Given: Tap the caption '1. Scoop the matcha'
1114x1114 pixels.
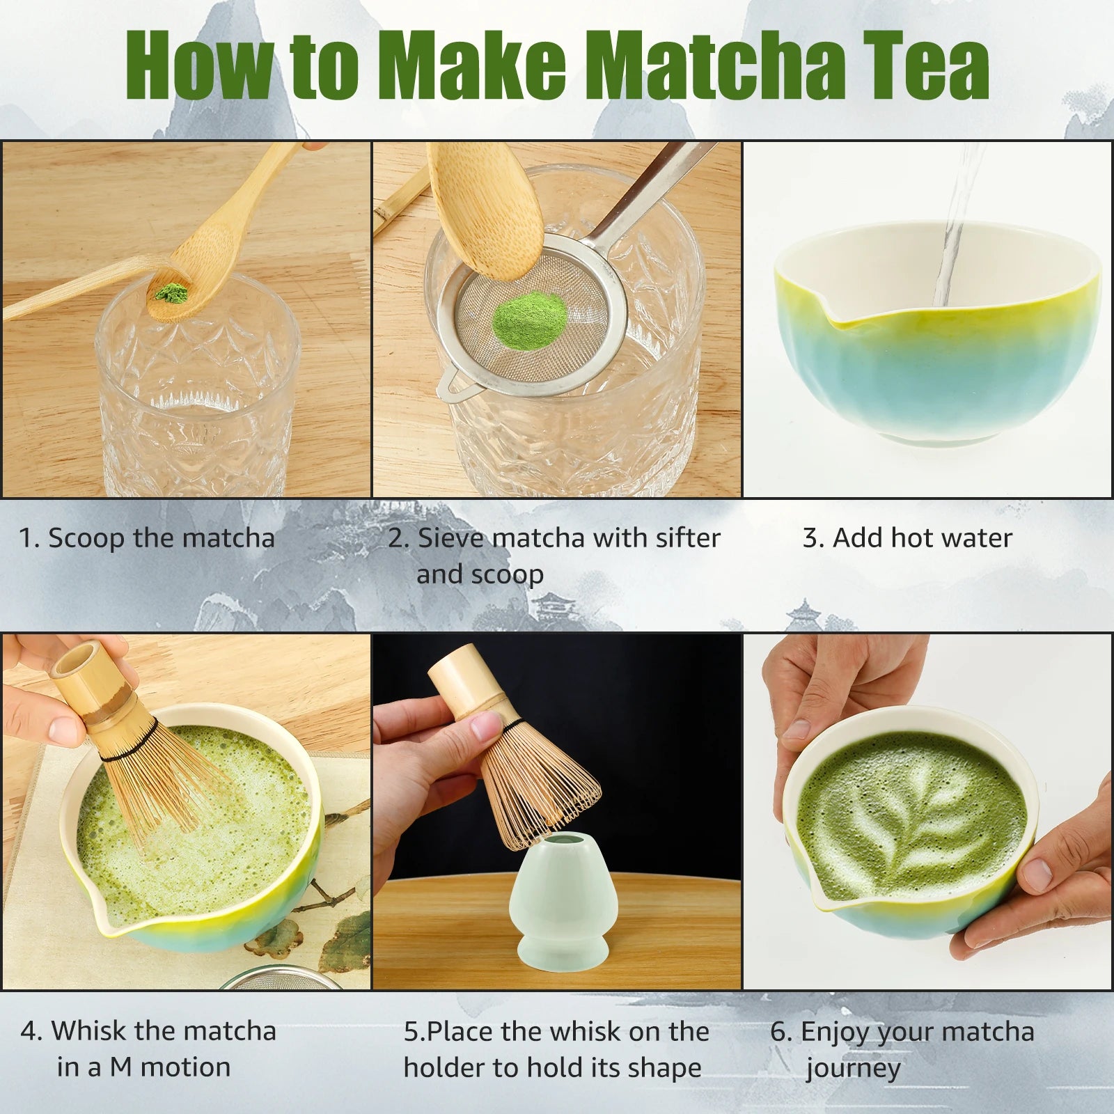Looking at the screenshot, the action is (x=147, y=538).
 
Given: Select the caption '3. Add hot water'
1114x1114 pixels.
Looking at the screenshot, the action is (x=907, y=538).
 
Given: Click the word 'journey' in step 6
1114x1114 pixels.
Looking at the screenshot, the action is (x=854, y=1069).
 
